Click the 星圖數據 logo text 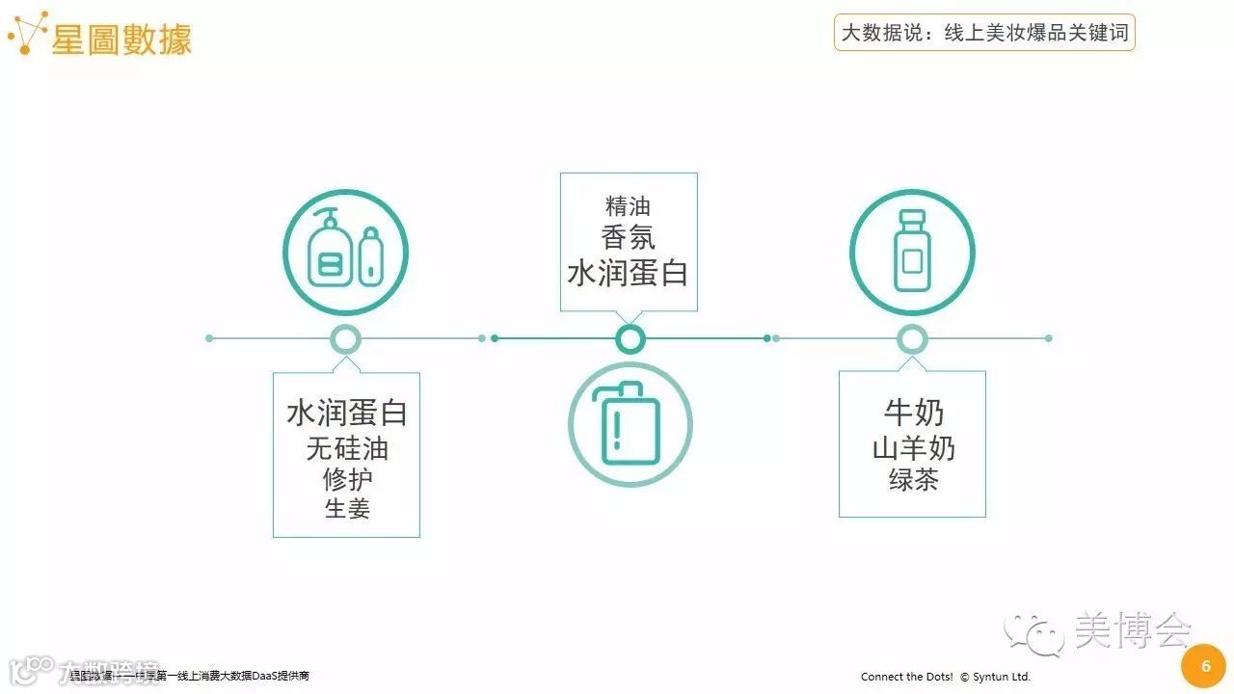coord(121,39)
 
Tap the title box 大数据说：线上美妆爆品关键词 coord(983,33)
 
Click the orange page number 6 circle coord(1204,667)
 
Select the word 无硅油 coord(347,448)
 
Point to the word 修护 coord(347,478)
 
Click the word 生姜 coord(347,508)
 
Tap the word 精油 coord(629,206)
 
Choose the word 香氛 coord(629,237)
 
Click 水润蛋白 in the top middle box coord(629,273)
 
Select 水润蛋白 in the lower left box coord(347,413)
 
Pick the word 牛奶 coord(913,413)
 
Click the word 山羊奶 coord(913,448)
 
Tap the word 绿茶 coord(913,479)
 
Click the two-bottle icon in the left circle coord(345,253)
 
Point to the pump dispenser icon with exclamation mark coord(630,423)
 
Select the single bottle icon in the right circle coord(911,253)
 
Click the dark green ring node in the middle coord(630,338)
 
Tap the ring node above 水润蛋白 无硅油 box coord(345,338)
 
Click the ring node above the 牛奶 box coord(912,338)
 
